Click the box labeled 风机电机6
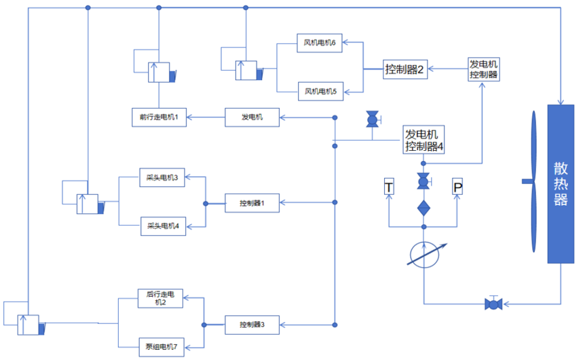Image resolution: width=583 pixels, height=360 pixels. pos(320,43)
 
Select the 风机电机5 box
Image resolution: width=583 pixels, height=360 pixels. pos(320,91)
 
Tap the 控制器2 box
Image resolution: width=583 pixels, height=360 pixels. pos(405,69)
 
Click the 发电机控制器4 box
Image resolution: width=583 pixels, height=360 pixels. pos(424,140)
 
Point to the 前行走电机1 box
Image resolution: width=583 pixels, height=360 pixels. pos(159,118)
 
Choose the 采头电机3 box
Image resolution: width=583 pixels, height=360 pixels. pos(162,177)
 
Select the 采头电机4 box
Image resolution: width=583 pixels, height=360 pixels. pos(163,226)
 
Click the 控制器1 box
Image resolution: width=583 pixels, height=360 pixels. pos(252,203)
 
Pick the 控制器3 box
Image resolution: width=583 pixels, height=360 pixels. pos(252,325)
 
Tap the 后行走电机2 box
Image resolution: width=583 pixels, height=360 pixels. pos(160,298)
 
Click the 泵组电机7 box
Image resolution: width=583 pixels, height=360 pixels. pos(162,347)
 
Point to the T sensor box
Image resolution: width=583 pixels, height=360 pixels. pos(389,187)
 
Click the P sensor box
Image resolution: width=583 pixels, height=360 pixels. pos(457,187)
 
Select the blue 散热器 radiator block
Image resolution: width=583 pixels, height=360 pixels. pos(561,184)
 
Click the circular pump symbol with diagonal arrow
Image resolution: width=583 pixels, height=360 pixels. pos(424,255)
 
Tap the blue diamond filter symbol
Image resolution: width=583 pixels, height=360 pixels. pos(424,208)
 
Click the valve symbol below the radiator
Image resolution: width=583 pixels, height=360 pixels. pos(494,304)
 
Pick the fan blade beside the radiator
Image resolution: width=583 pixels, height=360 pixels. pos(533,181)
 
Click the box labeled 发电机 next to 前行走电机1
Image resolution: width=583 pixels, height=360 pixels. pos(252,118)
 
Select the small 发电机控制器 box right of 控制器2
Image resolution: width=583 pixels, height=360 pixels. pos(483,69)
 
